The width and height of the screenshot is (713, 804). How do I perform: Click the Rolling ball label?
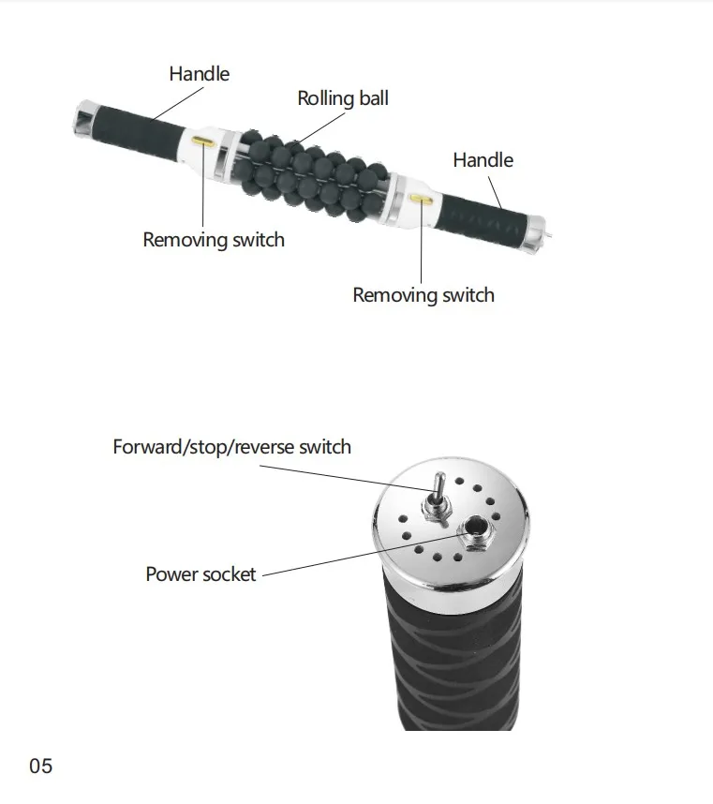tap(342, 98)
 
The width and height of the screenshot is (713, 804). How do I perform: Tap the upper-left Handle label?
tap(199, 73)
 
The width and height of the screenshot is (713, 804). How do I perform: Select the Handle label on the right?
tap(483, 160)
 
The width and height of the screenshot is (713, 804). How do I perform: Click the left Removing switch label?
tap(213, 240)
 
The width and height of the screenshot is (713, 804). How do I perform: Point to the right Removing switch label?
tap(423, 295)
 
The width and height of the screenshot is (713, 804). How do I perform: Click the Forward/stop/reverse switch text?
tap(231, 446)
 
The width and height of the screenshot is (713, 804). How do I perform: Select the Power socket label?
tap(200, 573)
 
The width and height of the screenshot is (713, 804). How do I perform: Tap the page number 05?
tap(41, 767)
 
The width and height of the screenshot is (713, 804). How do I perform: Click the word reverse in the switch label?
tap(265, 446)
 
